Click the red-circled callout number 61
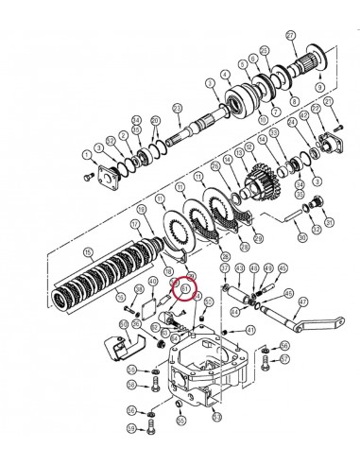185,287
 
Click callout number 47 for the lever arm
303,304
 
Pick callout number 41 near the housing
250,330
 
